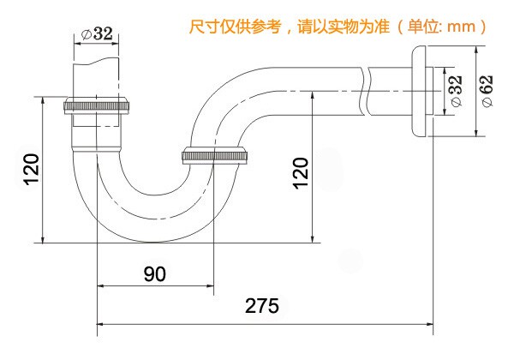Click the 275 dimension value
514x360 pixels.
261,306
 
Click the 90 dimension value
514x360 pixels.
154,273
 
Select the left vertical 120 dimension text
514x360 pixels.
31,171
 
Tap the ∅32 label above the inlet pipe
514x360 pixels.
97,34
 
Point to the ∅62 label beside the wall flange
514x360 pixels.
486,89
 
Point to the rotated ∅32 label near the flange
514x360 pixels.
454,90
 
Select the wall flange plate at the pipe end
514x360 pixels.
419,91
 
